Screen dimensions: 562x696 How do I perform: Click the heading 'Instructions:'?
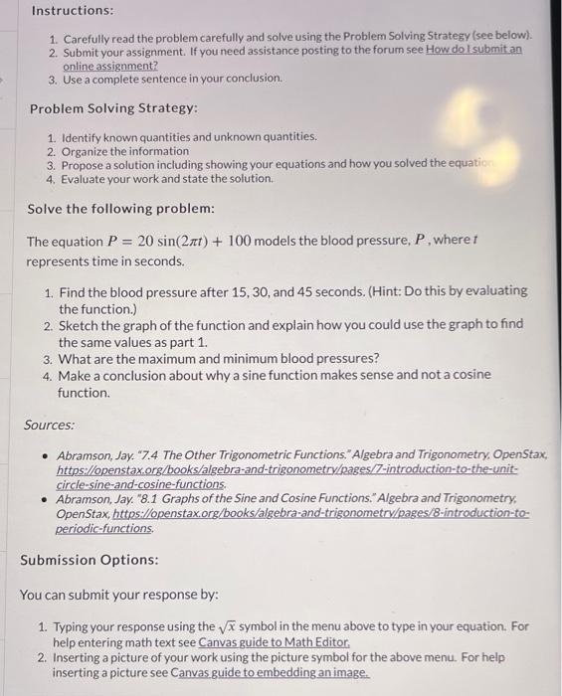click(x=72, y=11)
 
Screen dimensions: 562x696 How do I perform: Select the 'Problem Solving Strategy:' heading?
click(x=113, y=107)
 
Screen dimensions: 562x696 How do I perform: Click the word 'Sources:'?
click(x=50, y=425)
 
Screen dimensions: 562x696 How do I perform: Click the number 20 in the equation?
click(x=148, y=241)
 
